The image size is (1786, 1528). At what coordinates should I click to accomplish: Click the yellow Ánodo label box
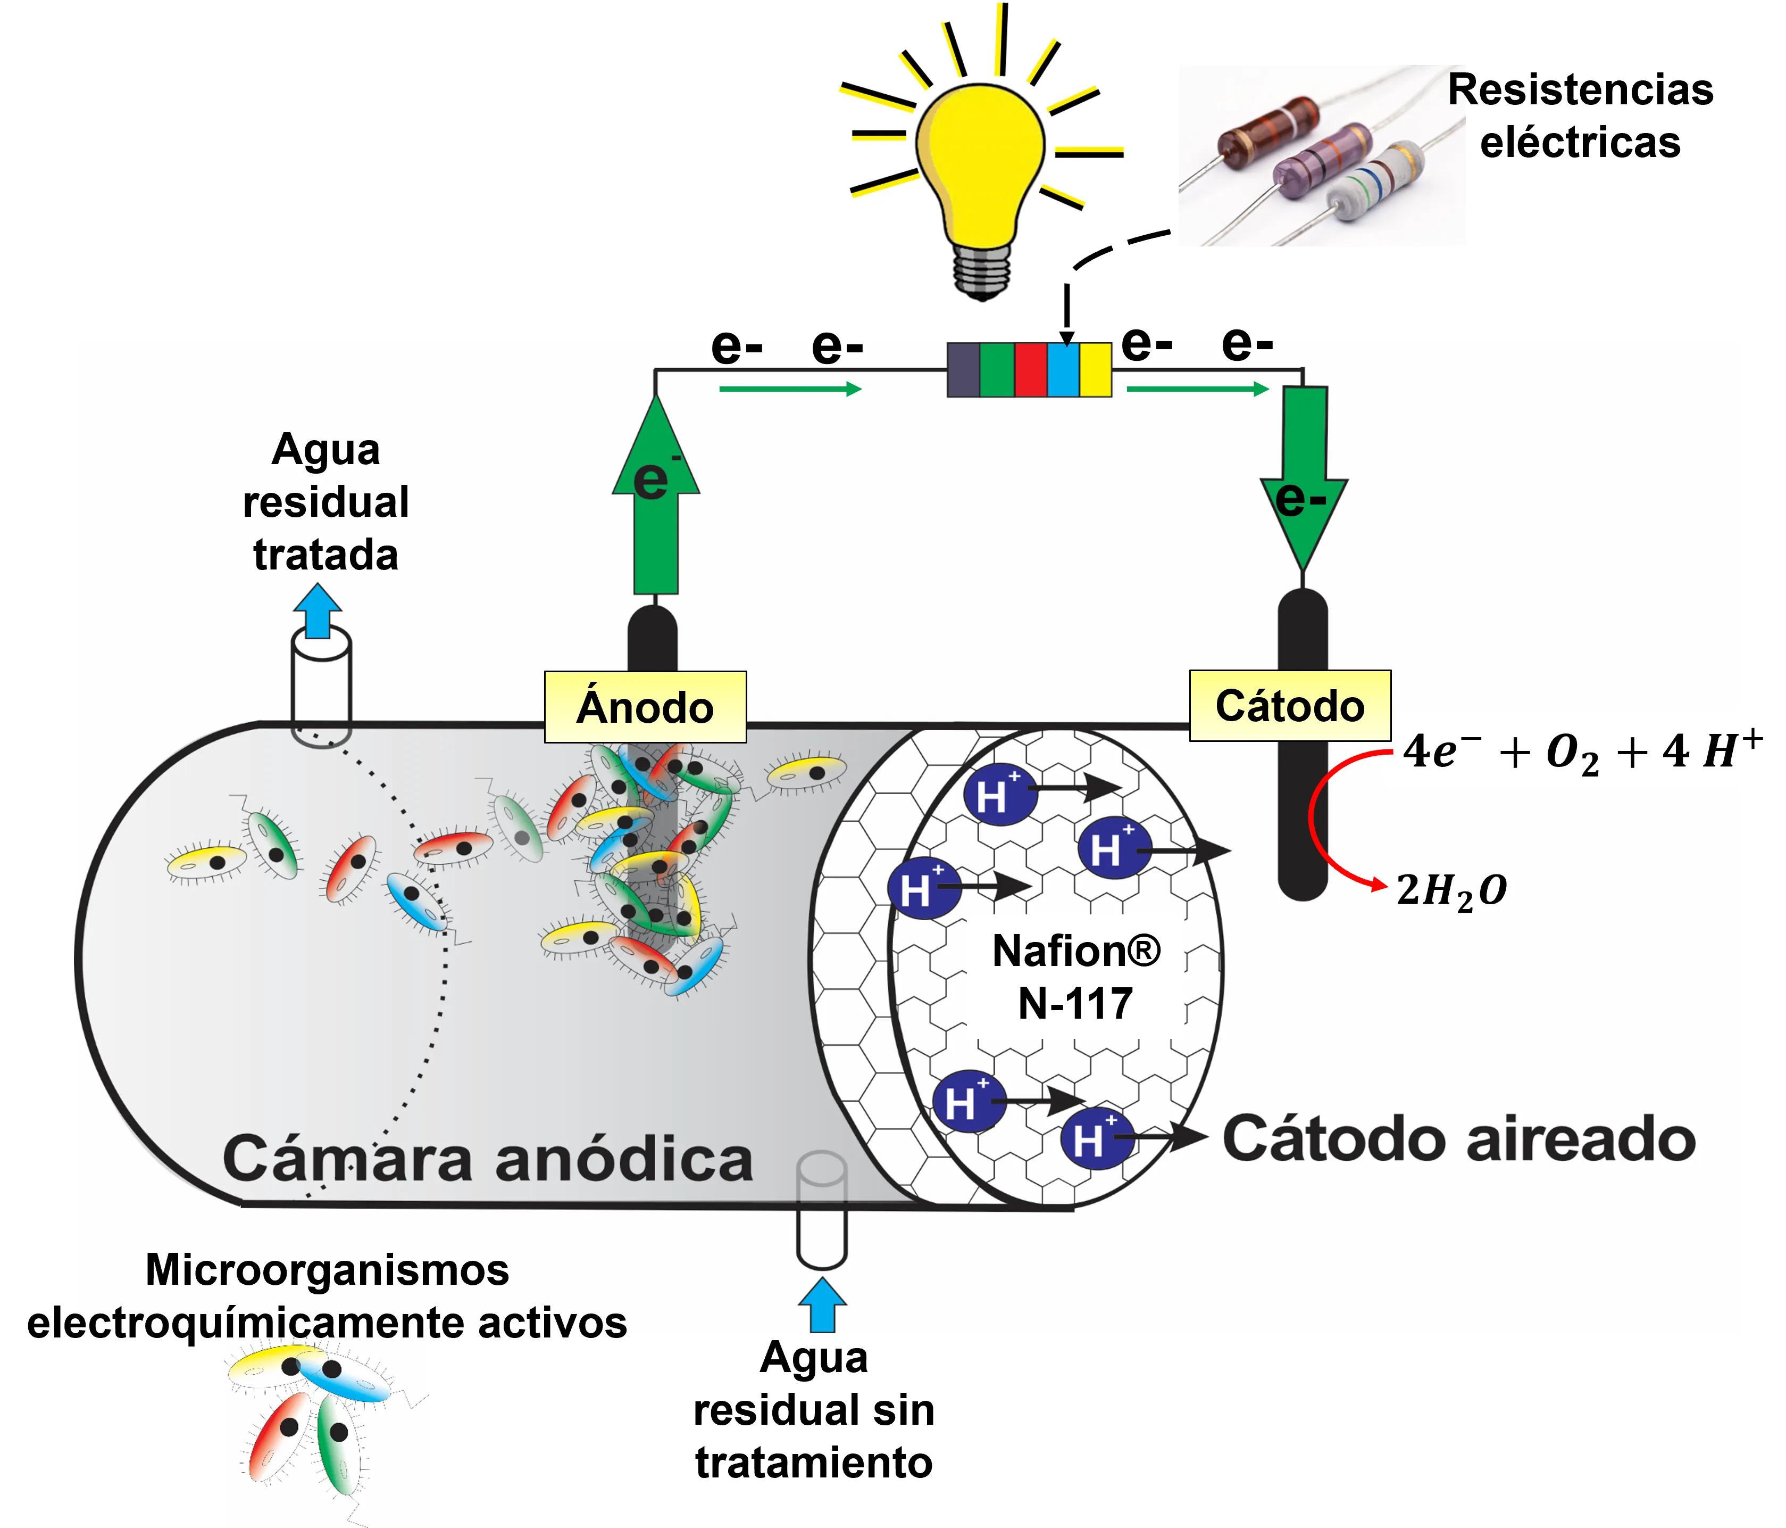645,707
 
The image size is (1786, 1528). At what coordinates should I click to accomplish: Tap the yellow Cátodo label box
1290,705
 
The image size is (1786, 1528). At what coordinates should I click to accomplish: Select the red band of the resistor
1030,370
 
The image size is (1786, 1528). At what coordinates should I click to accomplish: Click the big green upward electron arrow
656,500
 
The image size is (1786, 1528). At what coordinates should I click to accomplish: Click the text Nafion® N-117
1076,977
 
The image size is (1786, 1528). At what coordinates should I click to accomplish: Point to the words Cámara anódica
488,1158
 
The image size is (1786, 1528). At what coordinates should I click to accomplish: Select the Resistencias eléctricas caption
1580,115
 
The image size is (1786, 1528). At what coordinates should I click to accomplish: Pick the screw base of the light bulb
982,271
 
